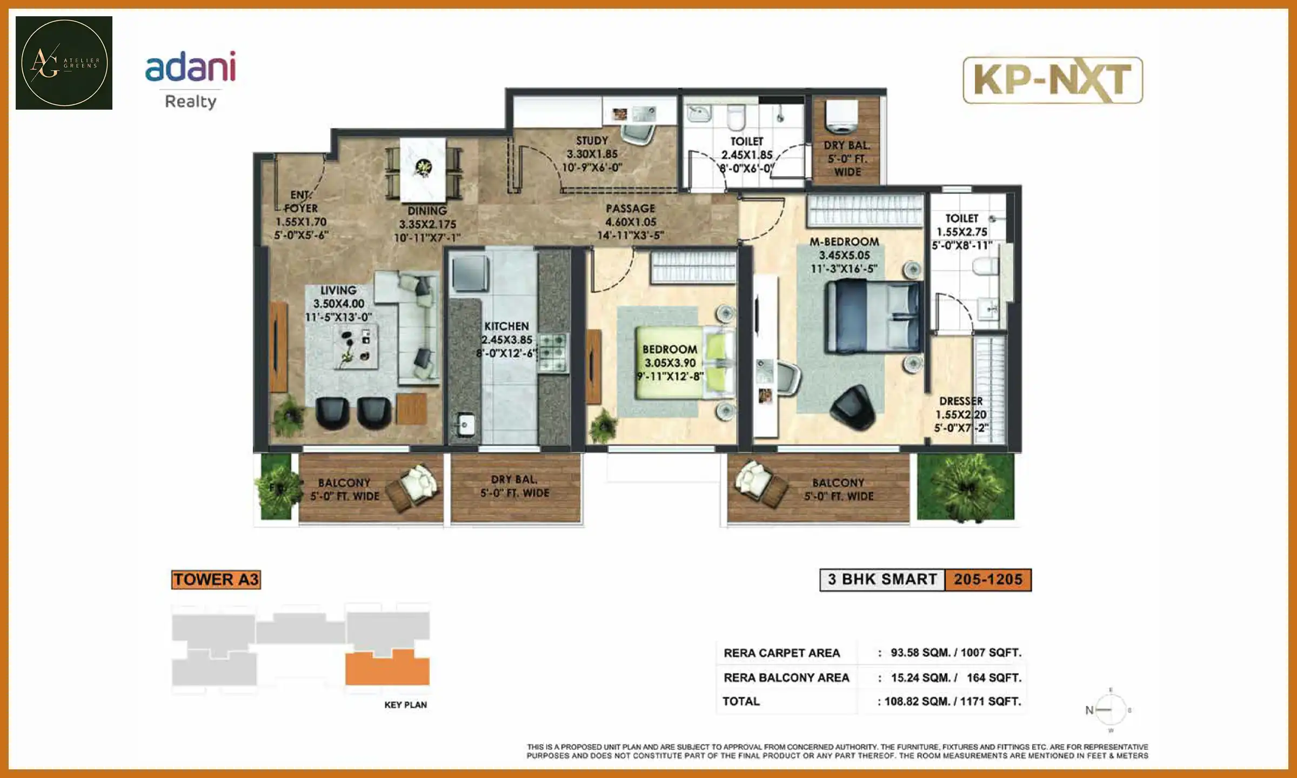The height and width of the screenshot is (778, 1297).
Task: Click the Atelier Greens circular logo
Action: [64, 63]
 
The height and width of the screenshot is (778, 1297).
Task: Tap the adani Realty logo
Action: [190, 79]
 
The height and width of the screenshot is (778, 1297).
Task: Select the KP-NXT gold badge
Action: [1052, 80]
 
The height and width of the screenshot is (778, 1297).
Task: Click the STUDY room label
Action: [592, 153]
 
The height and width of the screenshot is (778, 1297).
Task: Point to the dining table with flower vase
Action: [423, 169]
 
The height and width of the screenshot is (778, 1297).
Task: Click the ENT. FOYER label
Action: [301, 215]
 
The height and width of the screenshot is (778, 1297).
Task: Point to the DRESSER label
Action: [961, 414]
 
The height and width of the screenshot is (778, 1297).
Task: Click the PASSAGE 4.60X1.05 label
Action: [630, 222]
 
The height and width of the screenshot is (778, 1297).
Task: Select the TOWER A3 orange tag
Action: [216, 579]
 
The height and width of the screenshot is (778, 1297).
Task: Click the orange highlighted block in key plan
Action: [387, 669]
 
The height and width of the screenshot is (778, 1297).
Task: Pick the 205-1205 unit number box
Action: [988, 580]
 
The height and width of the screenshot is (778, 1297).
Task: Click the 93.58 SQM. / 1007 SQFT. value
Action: [955, 653]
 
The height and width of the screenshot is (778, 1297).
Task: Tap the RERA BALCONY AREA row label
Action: [786, 678]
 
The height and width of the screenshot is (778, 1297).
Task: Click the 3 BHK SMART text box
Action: [882, 580]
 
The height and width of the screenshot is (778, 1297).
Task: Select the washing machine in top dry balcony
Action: [842, 118]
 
